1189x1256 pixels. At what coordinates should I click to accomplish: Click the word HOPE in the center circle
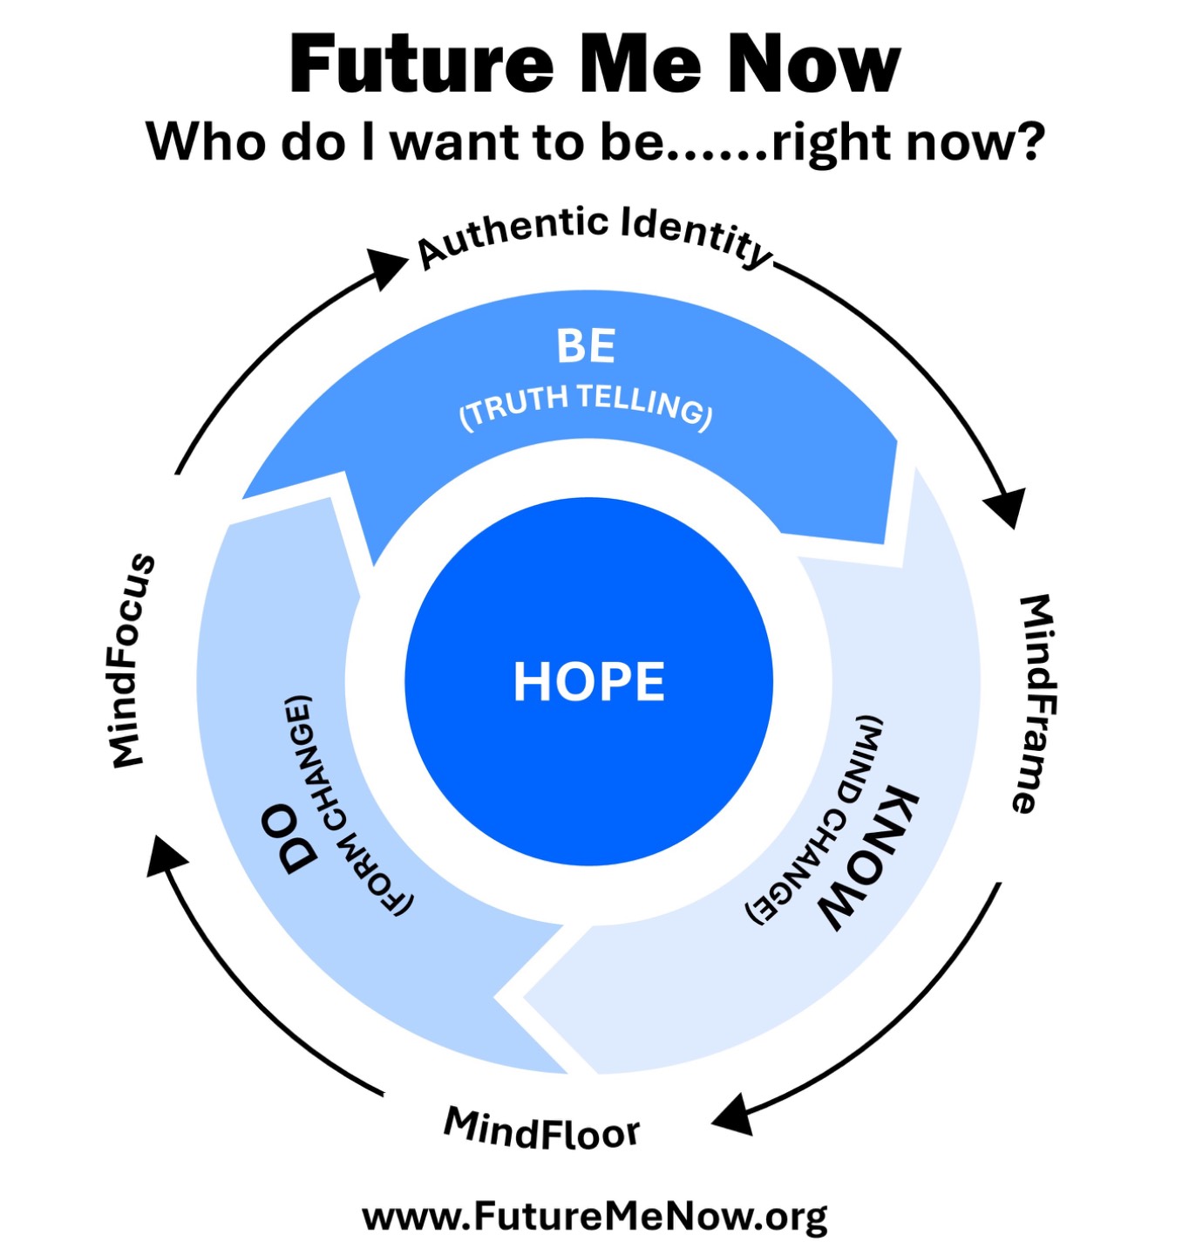coord(588,682)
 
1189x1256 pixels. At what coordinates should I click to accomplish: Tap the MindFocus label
coord(133,660)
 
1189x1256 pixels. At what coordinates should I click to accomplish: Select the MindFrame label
coord(1034,704)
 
